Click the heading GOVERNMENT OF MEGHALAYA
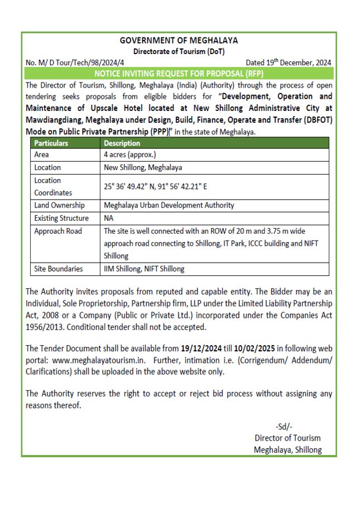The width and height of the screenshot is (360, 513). pyautogui.click(x=179, y=41)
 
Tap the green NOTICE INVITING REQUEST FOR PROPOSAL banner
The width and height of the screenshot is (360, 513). pyautogui.click(x=179, y=74)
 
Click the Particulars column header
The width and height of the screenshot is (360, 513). pyautogui.click(x=51, y=143)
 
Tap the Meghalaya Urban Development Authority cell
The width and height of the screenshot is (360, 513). pyautogui.click(x=169, y=205)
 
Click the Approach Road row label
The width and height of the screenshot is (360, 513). pyautogui.click(x=57, y=231)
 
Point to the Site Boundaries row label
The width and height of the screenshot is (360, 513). pyautogui.click(x=59, y=269)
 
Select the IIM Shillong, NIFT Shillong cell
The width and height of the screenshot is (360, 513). pyautogui.click(x=144, y=269)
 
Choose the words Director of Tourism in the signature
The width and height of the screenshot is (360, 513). pyautogui.click(x=287, y=438)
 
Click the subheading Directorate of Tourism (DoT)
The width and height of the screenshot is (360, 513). pyautogui.click(x=179, y=52)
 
